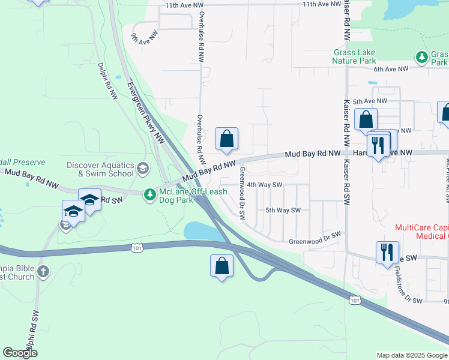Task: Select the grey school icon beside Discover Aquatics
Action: [x=142, y=167]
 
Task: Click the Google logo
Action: [x=20, y=353]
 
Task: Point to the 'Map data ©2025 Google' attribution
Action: [x=411, y=355]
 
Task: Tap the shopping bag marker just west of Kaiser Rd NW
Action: [x=366, y=121]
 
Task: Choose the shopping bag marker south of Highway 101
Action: [x=221, y=266]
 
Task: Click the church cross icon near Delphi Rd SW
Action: [x=43, y=272]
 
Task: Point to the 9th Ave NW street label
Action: [x=144, y=37]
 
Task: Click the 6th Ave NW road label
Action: [x=390, y=69]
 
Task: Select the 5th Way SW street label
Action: [x=282, y=210]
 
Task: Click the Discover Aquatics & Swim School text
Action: [x=100, y=169]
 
